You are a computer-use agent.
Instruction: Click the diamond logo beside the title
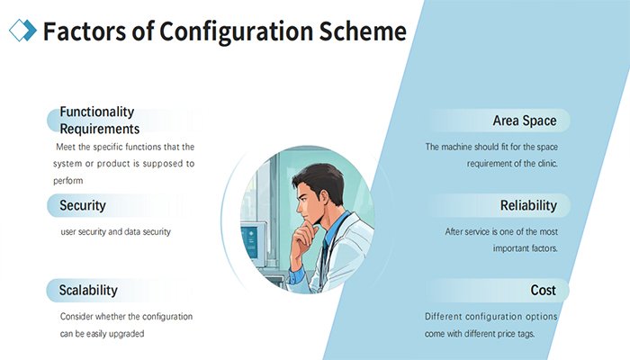point(22,31)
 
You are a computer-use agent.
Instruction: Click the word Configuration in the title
point(236,32)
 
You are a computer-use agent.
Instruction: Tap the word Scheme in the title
point(363,31)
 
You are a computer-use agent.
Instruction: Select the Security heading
point(83,205)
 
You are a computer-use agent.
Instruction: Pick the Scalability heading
point(88,290)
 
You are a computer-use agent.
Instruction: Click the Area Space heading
point(525,121)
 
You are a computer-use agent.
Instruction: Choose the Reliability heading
point(528,205)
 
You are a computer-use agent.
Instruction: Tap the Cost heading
point(544,290)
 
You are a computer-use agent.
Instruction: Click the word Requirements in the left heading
point(100,130)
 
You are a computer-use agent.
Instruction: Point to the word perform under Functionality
point(67,181)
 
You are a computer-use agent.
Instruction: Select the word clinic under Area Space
point(547,164)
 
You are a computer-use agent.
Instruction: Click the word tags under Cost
point(526,334)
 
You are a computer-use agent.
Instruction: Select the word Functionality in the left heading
point(97,112)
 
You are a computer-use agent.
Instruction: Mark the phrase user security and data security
point(116,232)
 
